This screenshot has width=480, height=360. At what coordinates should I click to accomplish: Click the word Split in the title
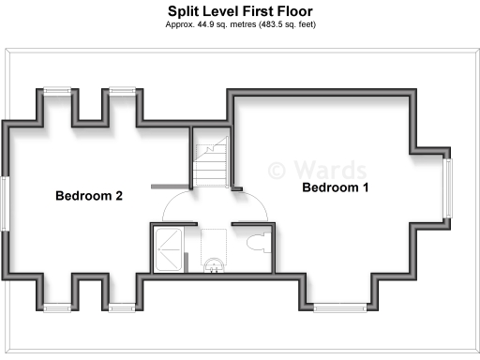point(184,11)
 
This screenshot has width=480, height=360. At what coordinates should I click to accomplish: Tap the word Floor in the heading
point(293,11)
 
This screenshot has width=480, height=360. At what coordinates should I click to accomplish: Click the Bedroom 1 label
point(335,187)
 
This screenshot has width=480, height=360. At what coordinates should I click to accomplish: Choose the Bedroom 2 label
point(89,196)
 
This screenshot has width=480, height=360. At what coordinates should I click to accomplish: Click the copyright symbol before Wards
point(277,170)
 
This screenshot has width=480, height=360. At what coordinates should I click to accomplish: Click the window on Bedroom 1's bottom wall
point(340,307)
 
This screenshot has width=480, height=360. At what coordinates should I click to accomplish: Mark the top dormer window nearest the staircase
point(123,91)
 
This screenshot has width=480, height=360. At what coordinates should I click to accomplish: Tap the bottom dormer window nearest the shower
point(123,307)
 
